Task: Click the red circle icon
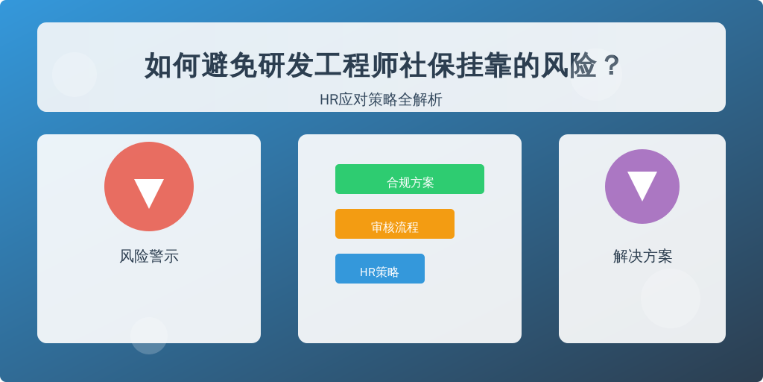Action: point(149,187)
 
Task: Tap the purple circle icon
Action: point(642,187)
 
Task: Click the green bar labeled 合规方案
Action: point(410,179)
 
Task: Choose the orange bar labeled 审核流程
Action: point(395,224)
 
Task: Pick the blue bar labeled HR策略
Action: point(380,269)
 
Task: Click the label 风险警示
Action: point(149,257)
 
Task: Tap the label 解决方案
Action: point(642,257)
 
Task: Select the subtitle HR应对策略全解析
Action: point(381,100)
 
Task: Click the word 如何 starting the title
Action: point(173,66)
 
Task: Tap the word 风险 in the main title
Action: point(569,66)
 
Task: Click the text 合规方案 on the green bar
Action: point(411,183)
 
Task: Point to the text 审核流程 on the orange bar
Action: point(395,228)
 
